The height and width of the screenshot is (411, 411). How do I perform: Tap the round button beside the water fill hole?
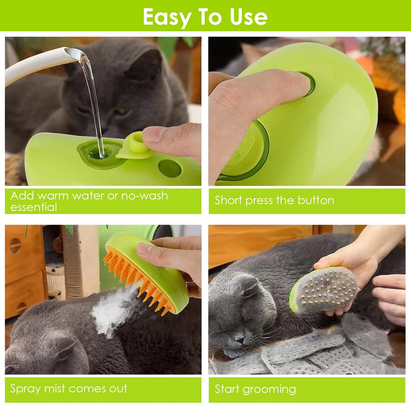(x=170, y=168)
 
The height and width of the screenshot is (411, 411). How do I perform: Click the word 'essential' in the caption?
(x=34, y=207)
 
